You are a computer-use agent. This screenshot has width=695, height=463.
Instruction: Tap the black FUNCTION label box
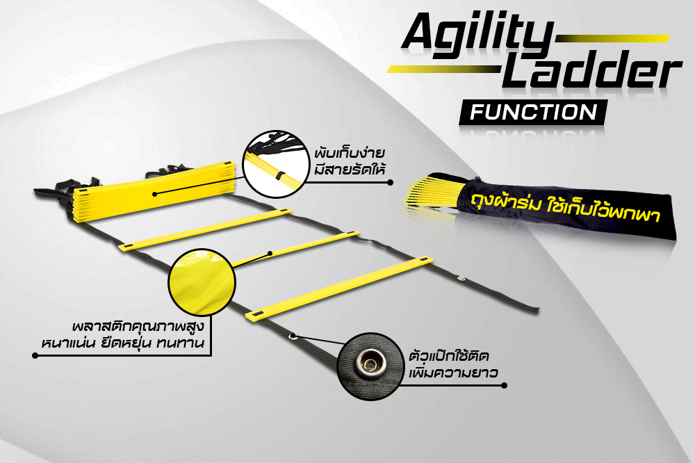pos(533,112)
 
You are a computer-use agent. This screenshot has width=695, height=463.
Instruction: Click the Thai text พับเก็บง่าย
pos(352,153)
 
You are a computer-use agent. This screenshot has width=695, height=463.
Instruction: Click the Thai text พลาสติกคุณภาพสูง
pos(141,325)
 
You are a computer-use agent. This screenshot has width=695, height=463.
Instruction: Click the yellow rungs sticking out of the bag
pos(432,191)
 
